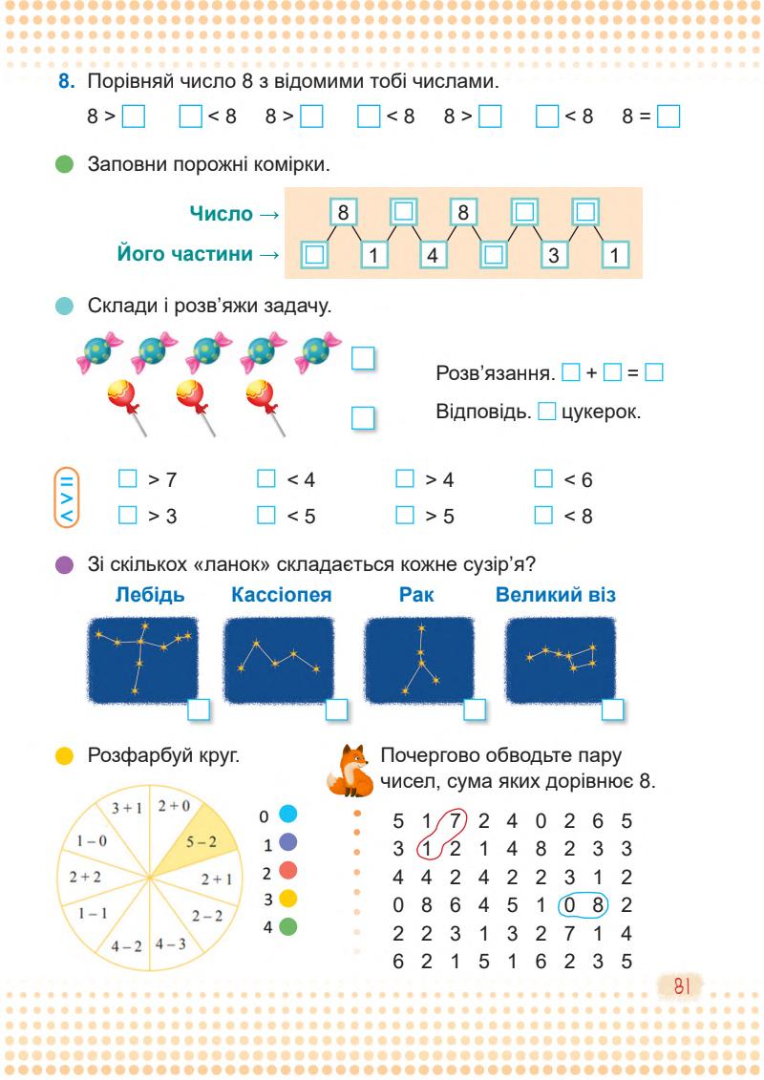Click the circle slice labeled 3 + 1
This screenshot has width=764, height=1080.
[x=126, y=809]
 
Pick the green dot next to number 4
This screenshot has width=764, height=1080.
[x=287, y=925]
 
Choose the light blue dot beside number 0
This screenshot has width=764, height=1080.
[x=287, y=816]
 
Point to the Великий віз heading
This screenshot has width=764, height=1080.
[x=556, y=595]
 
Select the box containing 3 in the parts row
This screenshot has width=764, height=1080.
[x=553, y=255]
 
